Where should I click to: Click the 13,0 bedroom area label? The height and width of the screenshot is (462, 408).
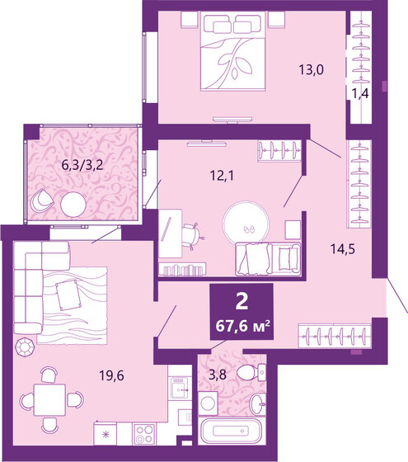pos(310,70)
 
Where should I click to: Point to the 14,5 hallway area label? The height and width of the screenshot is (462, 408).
pos(357,247)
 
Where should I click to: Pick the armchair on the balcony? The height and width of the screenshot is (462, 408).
pos(41,200)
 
